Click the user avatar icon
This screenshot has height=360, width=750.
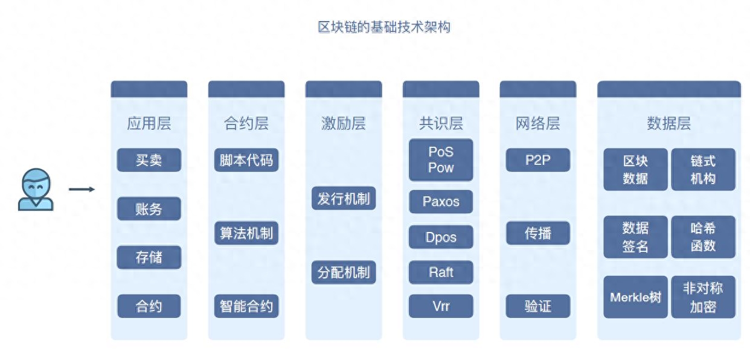tap(36, 190)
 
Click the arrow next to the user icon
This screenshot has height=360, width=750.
tap(82, 190)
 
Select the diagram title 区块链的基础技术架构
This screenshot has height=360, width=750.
tap(384, 27)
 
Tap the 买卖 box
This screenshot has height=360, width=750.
tap(149, 160)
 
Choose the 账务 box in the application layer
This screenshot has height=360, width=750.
tap(149, 209)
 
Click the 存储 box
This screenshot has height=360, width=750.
tap(149, 257)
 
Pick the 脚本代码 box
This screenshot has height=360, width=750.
tap(246, 160)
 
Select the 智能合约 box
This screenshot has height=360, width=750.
tap(246, 306)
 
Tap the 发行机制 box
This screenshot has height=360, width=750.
tap(344, 199)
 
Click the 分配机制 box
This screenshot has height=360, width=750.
tap(344, 272)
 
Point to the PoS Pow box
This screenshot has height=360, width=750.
tap(441, 160)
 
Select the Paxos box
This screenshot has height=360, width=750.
tap(441, 202)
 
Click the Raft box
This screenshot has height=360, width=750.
tap(441, 272)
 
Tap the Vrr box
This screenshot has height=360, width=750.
tap(441, 306)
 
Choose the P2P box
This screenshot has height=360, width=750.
tap(538, 160)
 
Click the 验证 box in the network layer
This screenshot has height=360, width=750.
tap(538, 306)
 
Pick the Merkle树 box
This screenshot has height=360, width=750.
tap(635, 297)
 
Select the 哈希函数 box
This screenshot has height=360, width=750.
tap(703, 237)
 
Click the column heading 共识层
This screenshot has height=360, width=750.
tap(441, 124)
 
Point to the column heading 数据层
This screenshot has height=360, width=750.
tap(668, 124)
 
